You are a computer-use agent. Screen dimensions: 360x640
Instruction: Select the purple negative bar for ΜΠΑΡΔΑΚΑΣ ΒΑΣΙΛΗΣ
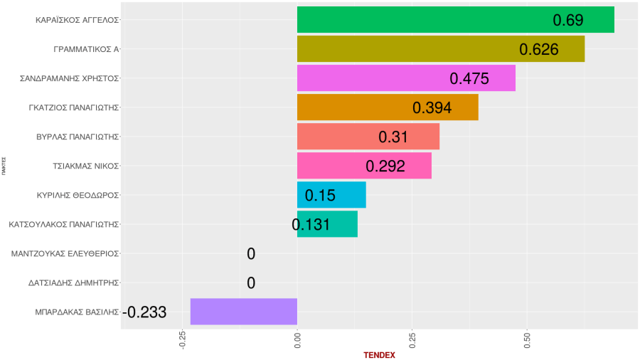pos(243,312)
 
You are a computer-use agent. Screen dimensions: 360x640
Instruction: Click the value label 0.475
pos(469,78)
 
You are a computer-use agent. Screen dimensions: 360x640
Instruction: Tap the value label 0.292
pos(385,166)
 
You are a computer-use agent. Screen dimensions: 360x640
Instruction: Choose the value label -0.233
pos(144,312)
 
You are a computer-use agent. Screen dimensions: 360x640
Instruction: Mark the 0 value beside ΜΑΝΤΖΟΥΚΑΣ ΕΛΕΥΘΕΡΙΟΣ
pos(251,254)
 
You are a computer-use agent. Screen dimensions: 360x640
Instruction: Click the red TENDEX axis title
pos(379,354)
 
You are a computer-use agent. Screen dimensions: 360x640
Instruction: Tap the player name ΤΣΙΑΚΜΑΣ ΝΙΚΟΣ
pos(85,166)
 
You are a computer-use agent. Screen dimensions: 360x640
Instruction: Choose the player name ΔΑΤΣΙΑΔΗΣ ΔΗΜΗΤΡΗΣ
pos(73,282)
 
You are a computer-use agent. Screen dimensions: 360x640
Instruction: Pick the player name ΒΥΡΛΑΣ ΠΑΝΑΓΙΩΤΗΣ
pos(77,137)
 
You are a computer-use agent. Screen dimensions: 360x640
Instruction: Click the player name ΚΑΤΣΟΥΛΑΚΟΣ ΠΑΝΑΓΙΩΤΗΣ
pos(63,224)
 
